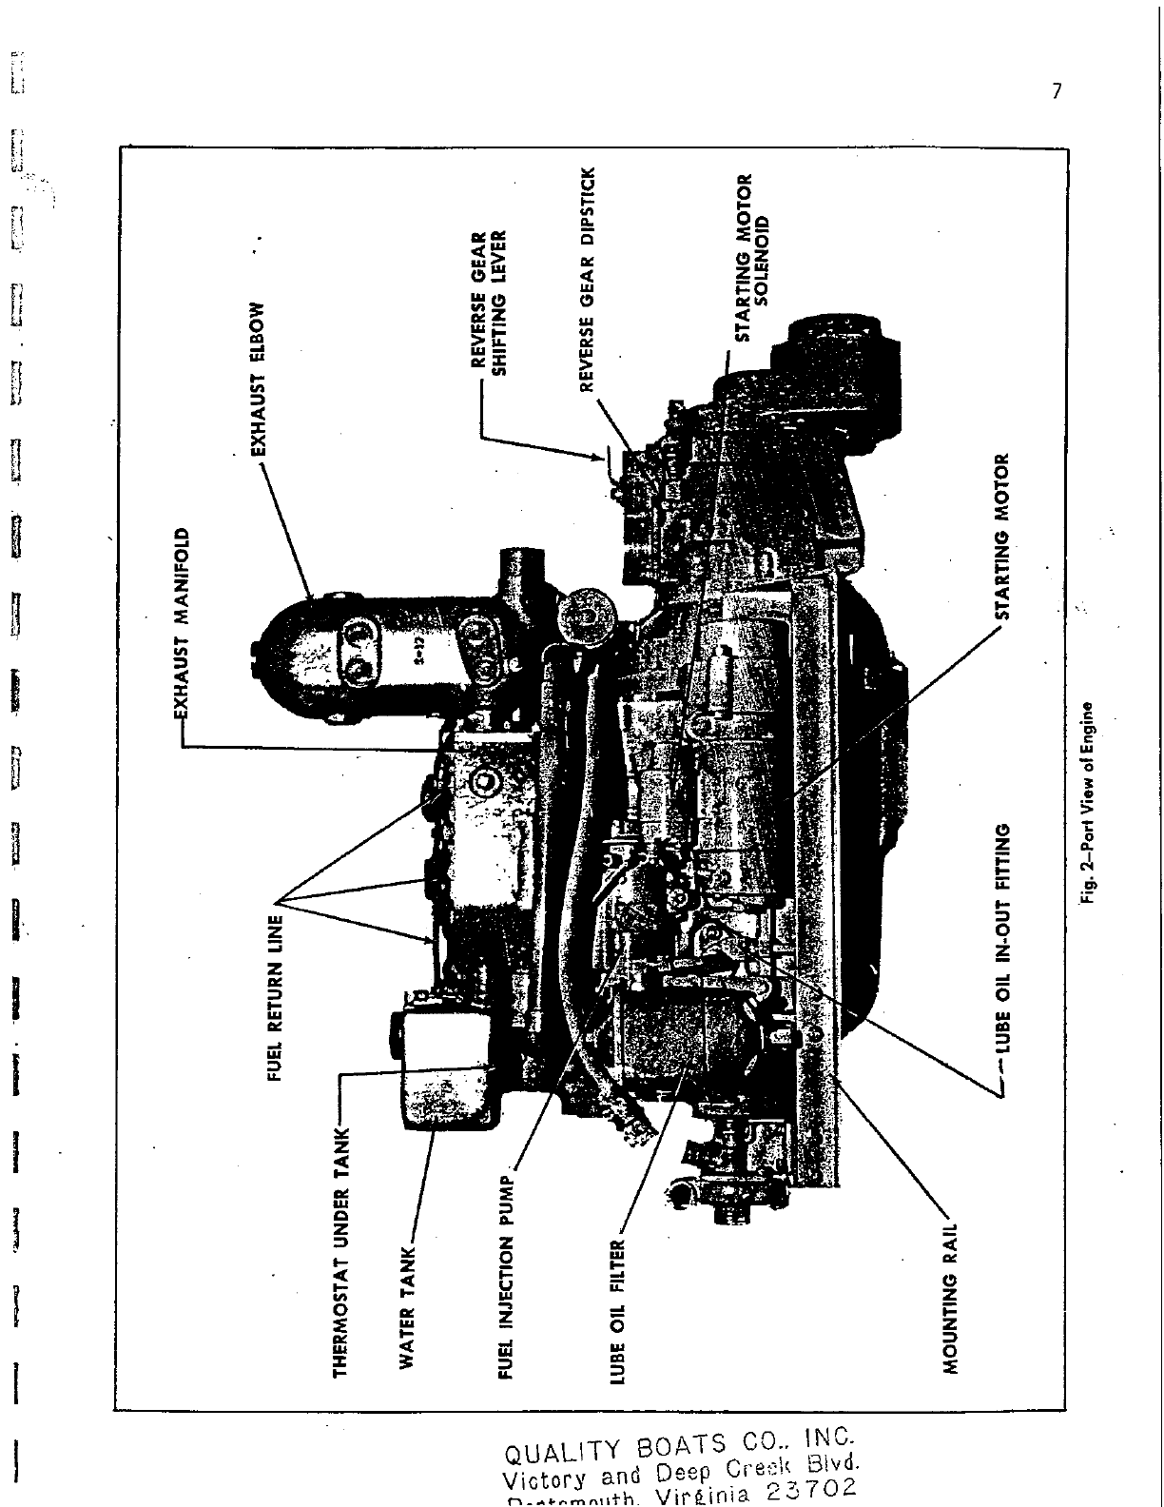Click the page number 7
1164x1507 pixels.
click(x=1057, y=91)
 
